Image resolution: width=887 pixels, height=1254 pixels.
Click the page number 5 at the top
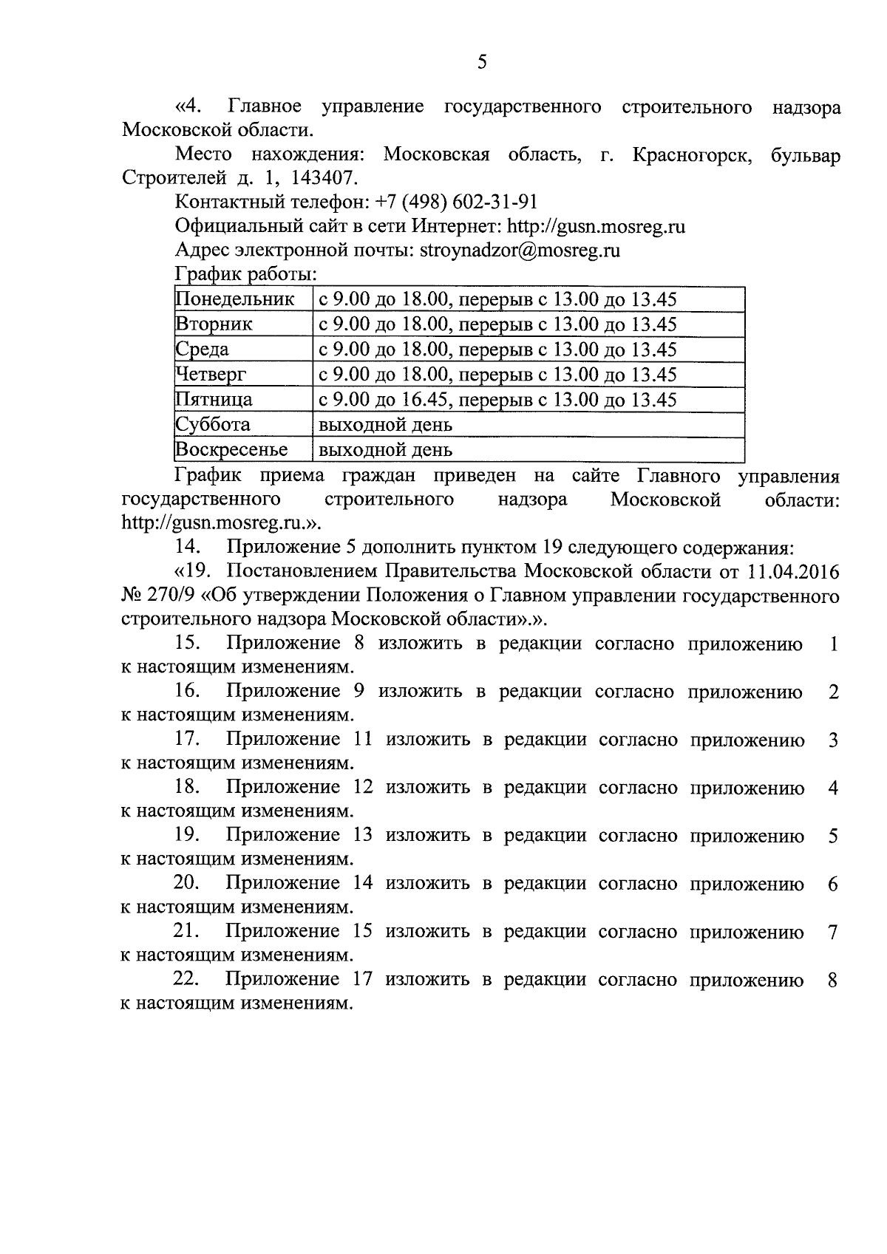[x=481, y=62]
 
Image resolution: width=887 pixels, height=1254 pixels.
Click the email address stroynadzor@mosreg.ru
[x=520, y=250]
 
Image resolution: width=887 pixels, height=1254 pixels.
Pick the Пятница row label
[x=214, y=400]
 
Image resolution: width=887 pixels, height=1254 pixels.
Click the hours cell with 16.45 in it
[x=497, y=400]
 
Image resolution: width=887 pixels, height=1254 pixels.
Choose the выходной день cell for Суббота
[x=385, y=425]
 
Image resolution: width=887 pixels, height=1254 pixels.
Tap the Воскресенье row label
[x=231, y=450]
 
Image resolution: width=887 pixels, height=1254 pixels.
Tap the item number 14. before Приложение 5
[x=188, y=548]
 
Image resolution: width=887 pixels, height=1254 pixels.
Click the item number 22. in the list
[x=188, y=979]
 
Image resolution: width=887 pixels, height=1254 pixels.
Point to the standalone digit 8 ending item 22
[x=833, y=981]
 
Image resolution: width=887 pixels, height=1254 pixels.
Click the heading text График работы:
[x=246, y=273]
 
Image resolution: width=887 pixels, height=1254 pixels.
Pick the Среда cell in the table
[x=203, y=350]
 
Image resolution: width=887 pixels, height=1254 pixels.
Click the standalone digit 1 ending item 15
[x=834, y=644]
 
